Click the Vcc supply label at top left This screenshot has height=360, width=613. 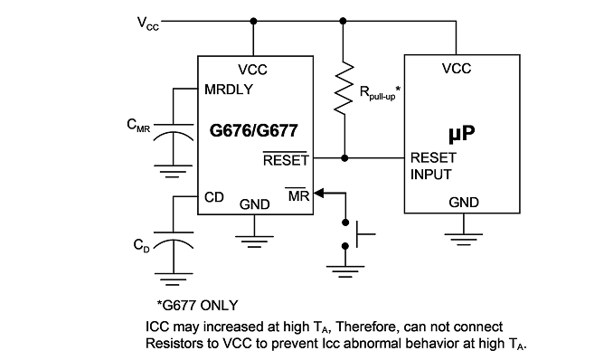(148, 24)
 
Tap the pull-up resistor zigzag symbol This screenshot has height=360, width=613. (344, 88)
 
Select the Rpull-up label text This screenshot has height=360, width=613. (380, 93)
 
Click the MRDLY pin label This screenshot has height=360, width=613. (229, 90)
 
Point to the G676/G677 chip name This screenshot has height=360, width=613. (254, 130)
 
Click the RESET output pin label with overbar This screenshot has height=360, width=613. (286, 159)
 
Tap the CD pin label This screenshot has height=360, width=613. (214, 197)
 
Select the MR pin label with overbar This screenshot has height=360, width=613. (298, 194)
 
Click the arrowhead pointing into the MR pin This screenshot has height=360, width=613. (319, 193)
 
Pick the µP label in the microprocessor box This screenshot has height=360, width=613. (462, 133)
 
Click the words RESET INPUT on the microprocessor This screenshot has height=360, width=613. (433, 166)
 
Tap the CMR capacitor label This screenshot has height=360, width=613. (138, 126)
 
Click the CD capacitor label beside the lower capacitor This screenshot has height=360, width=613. (142, 245)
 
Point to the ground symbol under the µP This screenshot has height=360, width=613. (464, 239)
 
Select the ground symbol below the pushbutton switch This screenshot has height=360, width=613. (345, 271)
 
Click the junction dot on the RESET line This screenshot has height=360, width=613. (344, 158)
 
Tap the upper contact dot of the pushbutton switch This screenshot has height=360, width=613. (345, 223)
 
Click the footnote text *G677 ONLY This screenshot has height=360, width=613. (197, 305)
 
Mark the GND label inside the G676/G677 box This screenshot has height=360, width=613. (254, 204)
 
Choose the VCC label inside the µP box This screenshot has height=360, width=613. (457, 69)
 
